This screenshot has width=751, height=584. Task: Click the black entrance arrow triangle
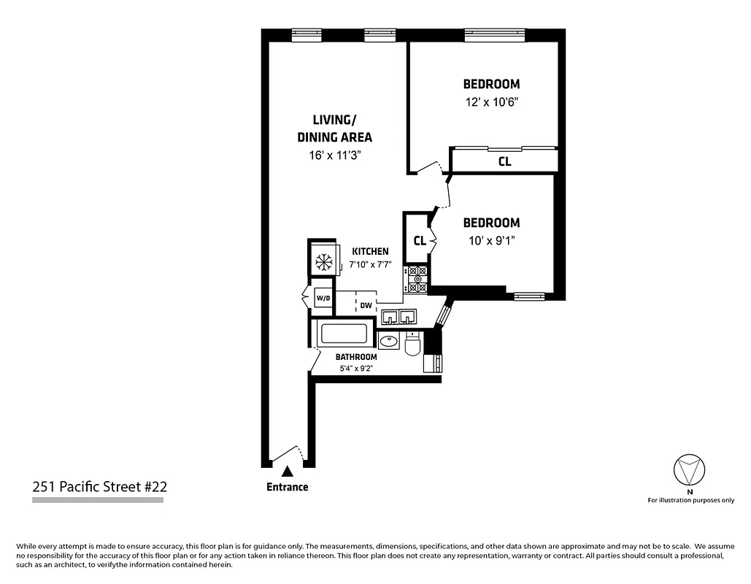[x=288, y=472]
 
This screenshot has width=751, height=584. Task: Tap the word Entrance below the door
[x=288, y=487]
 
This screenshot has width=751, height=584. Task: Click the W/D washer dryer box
[x=323, y=298]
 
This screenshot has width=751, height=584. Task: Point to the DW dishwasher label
[x=366, y=306]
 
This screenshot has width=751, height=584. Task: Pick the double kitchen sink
[x=398, y=316]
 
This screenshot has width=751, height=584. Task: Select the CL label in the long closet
[x=504, y=161]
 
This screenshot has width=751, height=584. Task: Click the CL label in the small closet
[x=420, y=241]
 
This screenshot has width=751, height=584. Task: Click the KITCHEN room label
[x=370, y=252]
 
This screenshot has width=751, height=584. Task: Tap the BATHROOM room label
[x=356, y=357]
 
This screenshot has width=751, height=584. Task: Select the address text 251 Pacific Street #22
[x=100, y=487]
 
